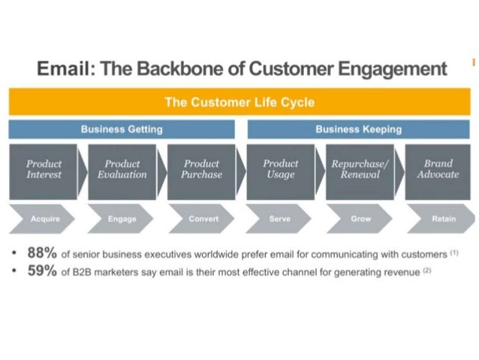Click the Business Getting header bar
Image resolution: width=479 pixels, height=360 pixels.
[122, 129]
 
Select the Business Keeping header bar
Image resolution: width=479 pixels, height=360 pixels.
[358, 129]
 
